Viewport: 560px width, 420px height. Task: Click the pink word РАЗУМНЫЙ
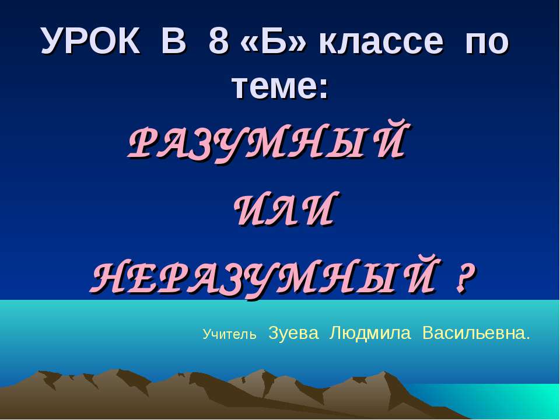266,142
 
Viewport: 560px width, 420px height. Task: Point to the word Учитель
229,335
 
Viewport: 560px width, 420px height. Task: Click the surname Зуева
294,333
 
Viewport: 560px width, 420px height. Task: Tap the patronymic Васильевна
475,333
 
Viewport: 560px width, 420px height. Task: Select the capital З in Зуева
272,333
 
